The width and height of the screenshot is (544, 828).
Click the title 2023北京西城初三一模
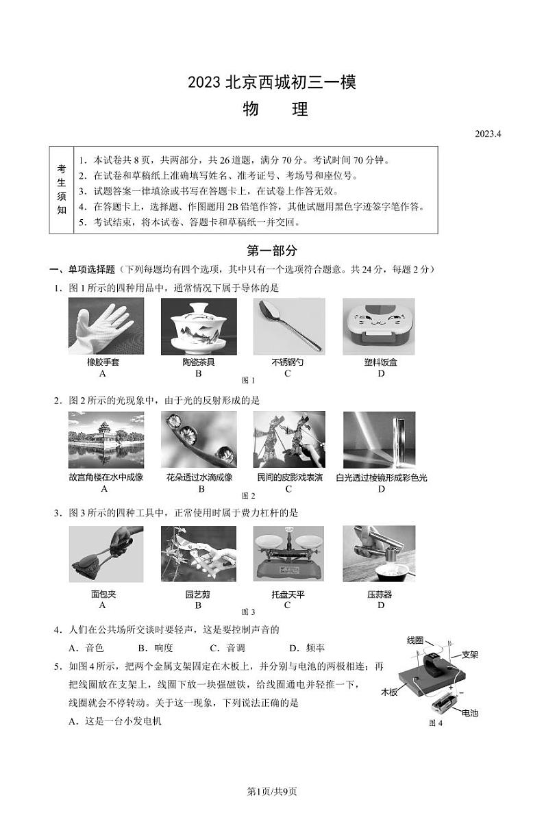(272, 84)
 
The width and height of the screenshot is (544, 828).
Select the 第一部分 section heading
(272, 251)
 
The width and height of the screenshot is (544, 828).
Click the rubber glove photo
(106, 325)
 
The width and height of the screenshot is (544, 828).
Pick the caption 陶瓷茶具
(199, 362)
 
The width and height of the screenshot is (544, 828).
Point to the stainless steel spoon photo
(288, 325)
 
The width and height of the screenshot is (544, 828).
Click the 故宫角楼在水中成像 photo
(106, 440)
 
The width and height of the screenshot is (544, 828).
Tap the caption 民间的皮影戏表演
(288, 477)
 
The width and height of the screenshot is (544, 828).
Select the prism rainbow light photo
(379, 440)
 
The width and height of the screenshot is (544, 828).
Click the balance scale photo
(288, 553)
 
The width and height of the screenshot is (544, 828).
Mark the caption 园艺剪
(198, 594)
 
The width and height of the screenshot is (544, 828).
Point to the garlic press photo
(379, 553)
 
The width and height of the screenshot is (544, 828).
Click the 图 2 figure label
(249, 496)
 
